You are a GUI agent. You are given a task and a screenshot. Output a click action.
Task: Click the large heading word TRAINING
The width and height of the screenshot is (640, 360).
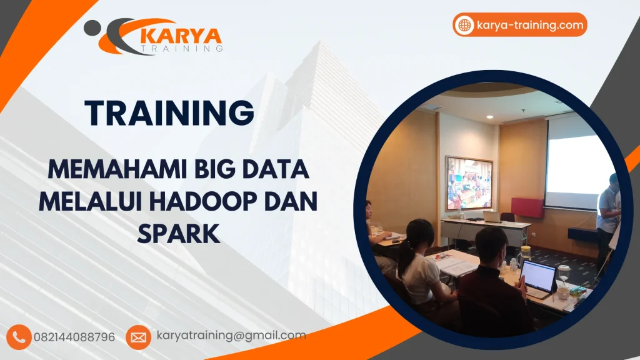pyautogui.click(x=169, y=112)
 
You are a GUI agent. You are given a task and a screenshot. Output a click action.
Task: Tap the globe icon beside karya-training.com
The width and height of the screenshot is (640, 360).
pyautogui.click(x=464, y=25)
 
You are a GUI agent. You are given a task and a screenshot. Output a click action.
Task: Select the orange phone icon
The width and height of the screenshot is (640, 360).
pyautogui.click(x=21, y=337)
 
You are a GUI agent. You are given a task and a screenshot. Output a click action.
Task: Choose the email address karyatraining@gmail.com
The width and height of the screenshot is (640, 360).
pyautogui.click(x=231, y=336)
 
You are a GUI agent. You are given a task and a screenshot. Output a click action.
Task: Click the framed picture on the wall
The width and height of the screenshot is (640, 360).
pyautogui.click(x=469, y=183)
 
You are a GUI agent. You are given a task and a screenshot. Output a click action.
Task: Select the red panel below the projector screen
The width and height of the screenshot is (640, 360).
pyautogui.click(x=527, y=207)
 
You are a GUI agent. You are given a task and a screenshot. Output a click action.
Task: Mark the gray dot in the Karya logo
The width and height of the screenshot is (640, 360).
pyautogui.click(x=92, y=26)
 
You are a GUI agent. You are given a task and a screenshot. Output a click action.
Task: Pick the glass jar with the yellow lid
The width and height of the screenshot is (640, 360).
pyautogui.click(x=526, y=253)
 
